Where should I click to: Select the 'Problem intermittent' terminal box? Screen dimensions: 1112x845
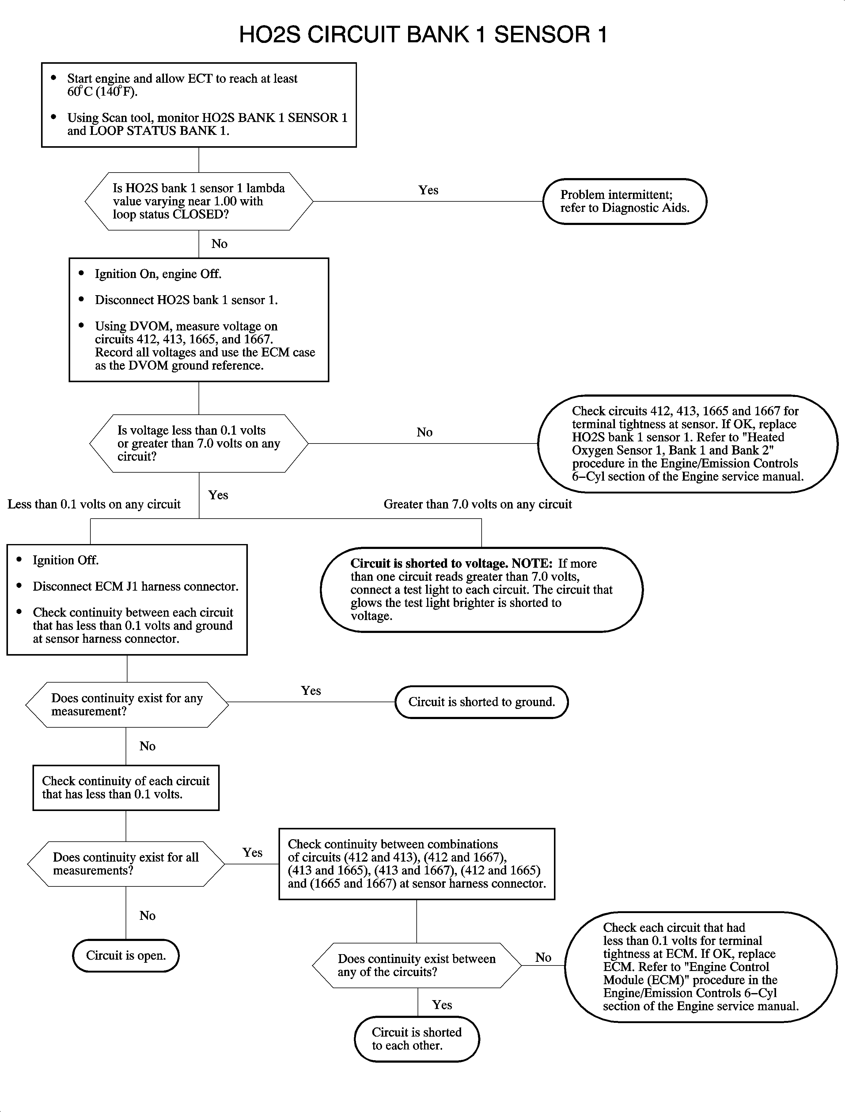[x=625, y=201]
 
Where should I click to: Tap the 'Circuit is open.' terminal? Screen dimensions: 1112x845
[x=126, y=955]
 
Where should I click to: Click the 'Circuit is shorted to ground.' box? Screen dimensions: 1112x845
[x=481, y=702]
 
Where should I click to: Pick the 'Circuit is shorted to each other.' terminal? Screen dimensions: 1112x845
[x=416, y=1038]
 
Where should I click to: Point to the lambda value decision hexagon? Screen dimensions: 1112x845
[x=199, y=201]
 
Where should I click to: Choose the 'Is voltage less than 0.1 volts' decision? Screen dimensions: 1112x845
[x=199, y=443]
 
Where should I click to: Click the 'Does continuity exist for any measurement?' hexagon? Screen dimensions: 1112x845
[x=127, y=704]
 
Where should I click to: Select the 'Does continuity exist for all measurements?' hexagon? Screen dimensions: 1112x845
[x=126, y=863]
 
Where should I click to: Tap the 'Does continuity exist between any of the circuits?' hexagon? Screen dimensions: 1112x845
[x=416, y=965]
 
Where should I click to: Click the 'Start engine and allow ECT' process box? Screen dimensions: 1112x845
[x=199, y=105]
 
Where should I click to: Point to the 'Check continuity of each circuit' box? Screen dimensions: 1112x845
[x=126, y=787]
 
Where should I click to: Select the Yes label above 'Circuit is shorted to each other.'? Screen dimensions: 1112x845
[x=441, y=1005]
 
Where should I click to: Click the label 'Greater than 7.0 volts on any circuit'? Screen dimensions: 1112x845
[x=477, y=504]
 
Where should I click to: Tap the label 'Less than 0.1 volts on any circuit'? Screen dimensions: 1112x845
[x=94, y=504]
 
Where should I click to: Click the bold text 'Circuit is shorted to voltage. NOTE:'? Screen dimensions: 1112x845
[x=451, y=564]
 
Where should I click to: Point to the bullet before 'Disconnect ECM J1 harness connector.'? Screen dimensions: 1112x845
[x=19, y=586]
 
